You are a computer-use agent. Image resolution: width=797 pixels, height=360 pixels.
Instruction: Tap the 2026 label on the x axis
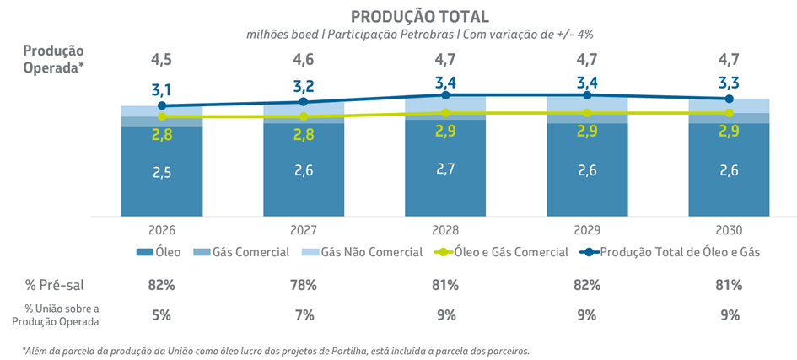[x=162, y=230]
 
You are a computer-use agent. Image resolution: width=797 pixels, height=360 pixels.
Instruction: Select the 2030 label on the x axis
[x=729, y=230]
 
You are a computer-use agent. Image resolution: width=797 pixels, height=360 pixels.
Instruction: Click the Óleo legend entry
[x=160, y=252]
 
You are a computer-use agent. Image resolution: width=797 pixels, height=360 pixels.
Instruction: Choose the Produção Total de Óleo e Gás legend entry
[x=676, y=252]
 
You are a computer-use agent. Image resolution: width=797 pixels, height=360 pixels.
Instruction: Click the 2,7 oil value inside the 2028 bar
[x=445, y=169]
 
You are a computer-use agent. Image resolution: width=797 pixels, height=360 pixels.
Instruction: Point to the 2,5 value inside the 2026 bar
[x=162, y=173]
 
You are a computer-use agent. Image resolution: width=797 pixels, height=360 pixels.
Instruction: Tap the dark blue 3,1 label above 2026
[x=162, y=90]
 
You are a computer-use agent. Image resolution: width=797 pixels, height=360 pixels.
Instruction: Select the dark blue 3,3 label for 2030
[x=729, y=83]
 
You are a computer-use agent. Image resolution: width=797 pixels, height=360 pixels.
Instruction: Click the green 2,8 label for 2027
[x=304, y=135]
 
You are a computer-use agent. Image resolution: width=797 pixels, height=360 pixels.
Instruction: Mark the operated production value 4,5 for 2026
[x=162, y=60]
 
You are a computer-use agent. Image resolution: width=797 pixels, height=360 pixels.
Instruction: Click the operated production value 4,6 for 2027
[x=304, y=60]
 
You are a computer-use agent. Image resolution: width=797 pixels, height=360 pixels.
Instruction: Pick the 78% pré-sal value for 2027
[x=304, y=285]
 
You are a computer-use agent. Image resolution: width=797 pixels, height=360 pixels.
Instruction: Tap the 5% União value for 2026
[x=162, y=315]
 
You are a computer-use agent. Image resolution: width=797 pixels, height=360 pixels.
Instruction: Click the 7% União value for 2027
[x=304, y=315]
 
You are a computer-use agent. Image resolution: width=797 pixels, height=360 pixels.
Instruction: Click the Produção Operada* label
[x=53, y=59]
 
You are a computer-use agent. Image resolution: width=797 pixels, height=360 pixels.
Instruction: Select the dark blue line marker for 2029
[x=587, y=95]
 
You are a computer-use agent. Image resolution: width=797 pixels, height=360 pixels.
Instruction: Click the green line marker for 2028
[x=445, y=113]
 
